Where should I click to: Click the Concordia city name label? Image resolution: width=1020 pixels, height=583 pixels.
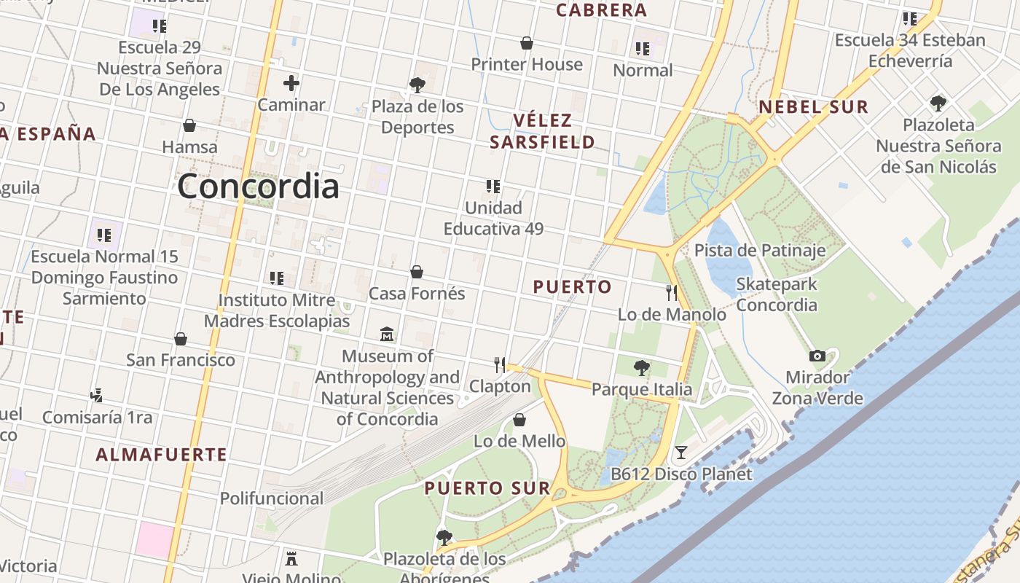click(x=258, y=186)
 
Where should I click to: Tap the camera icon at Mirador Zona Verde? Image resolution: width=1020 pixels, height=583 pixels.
click(x=817, y=356)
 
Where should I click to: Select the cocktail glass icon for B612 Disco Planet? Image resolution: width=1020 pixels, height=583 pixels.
click(x=680, y=453)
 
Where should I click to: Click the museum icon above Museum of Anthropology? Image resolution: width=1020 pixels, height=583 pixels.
click(x=387, y=334)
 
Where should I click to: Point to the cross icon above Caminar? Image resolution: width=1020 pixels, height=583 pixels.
click(x=291, y=83)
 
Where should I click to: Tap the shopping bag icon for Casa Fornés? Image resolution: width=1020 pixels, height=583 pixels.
click(x=417, y=272)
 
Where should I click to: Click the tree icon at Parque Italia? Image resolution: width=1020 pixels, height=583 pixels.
click(x=641, y=368)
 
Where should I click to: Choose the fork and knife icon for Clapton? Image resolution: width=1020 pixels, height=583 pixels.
click(x=500, y=364)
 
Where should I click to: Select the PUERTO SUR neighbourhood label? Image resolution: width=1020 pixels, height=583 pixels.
click(x=477, y=488)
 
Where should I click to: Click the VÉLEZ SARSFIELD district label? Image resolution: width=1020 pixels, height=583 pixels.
click(x=542, y=131)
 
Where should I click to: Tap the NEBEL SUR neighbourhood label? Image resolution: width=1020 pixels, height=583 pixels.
click(x=814, y=107)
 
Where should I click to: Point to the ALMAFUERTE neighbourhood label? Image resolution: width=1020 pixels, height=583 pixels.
click(x=162, y=455)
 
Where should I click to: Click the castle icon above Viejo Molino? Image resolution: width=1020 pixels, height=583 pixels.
click(x=291, y=559)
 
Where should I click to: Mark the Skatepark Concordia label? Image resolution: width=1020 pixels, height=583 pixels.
click(x=777, y=294)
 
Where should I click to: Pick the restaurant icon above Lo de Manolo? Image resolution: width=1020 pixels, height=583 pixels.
click(x=672, y=293)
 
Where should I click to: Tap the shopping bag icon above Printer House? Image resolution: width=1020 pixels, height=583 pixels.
click(x=527, y=44)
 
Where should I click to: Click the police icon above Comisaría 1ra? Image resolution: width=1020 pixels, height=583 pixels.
click(x=96, y=396)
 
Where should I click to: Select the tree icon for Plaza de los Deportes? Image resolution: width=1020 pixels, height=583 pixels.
click(x=417, y=85)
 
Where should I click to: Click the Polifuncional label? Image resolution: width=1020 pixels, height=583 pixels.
click(x=272, y=498)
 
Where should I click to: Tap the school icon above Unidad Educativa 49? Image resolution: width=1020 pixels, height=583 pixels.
click(x=493, y=187)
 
